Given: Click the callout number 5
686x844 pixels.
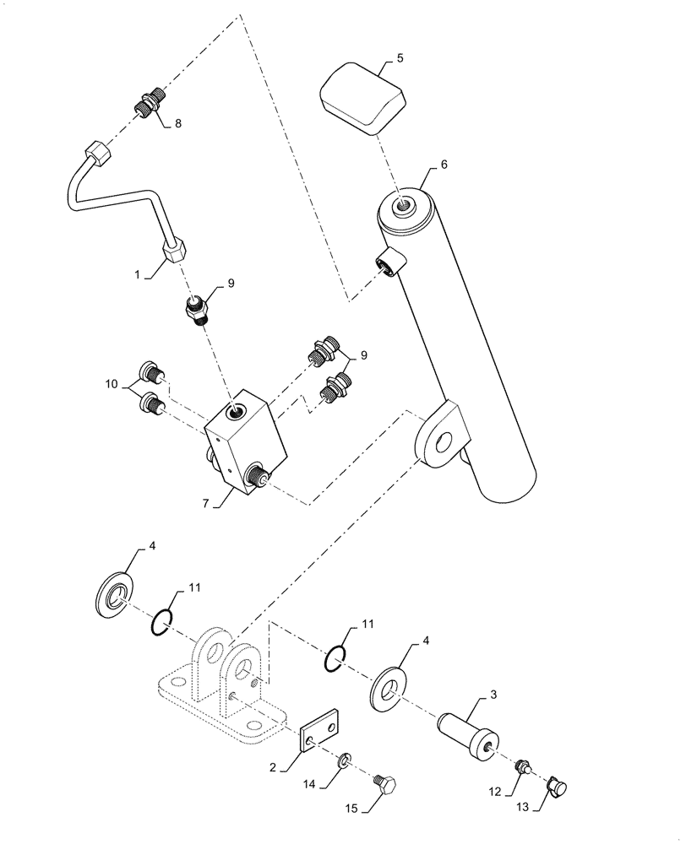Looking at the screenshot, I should point(400,58).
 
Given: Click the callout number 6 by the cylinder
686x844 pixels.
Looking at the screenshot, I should point(444,165).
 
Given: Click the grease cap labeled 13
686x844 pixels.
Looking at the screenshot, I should point(557,787).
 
